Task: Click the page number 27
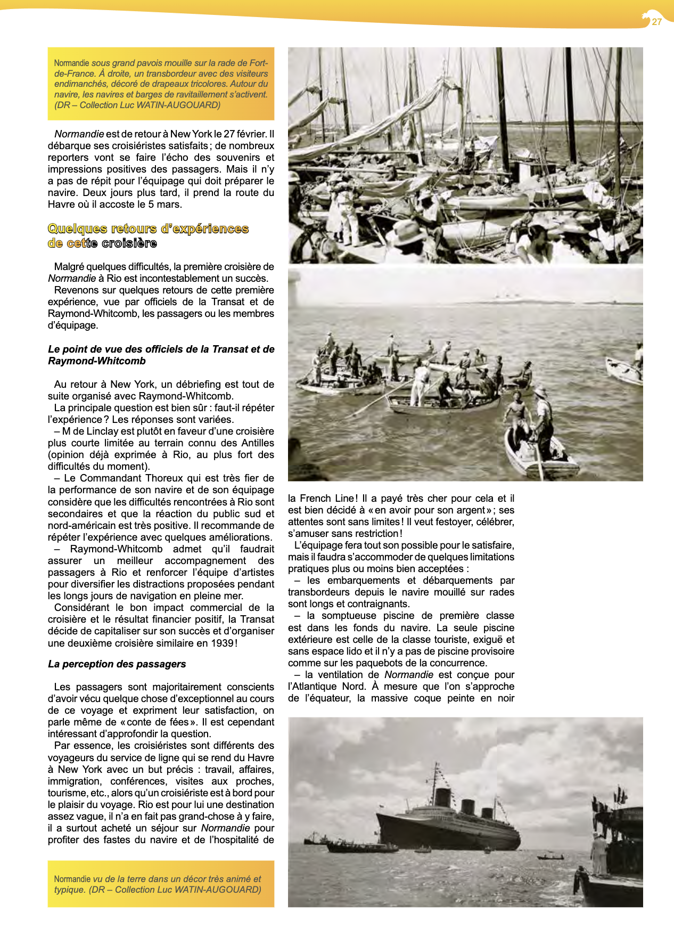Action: coord(656,22)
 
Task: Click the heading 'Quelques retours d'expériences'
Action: coord(148,229)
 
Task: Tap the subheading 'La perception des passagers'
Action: coord(117,664)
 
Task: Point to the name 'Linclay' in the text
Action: coord(98,431)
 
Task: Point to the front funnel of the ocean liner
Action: coord(443,797)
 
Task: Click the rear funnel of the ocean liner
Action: coord(487,813)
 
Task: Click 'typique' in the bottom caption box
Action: coord(68,890)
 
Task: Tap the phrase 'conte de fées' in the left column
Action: coord(157,722)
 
